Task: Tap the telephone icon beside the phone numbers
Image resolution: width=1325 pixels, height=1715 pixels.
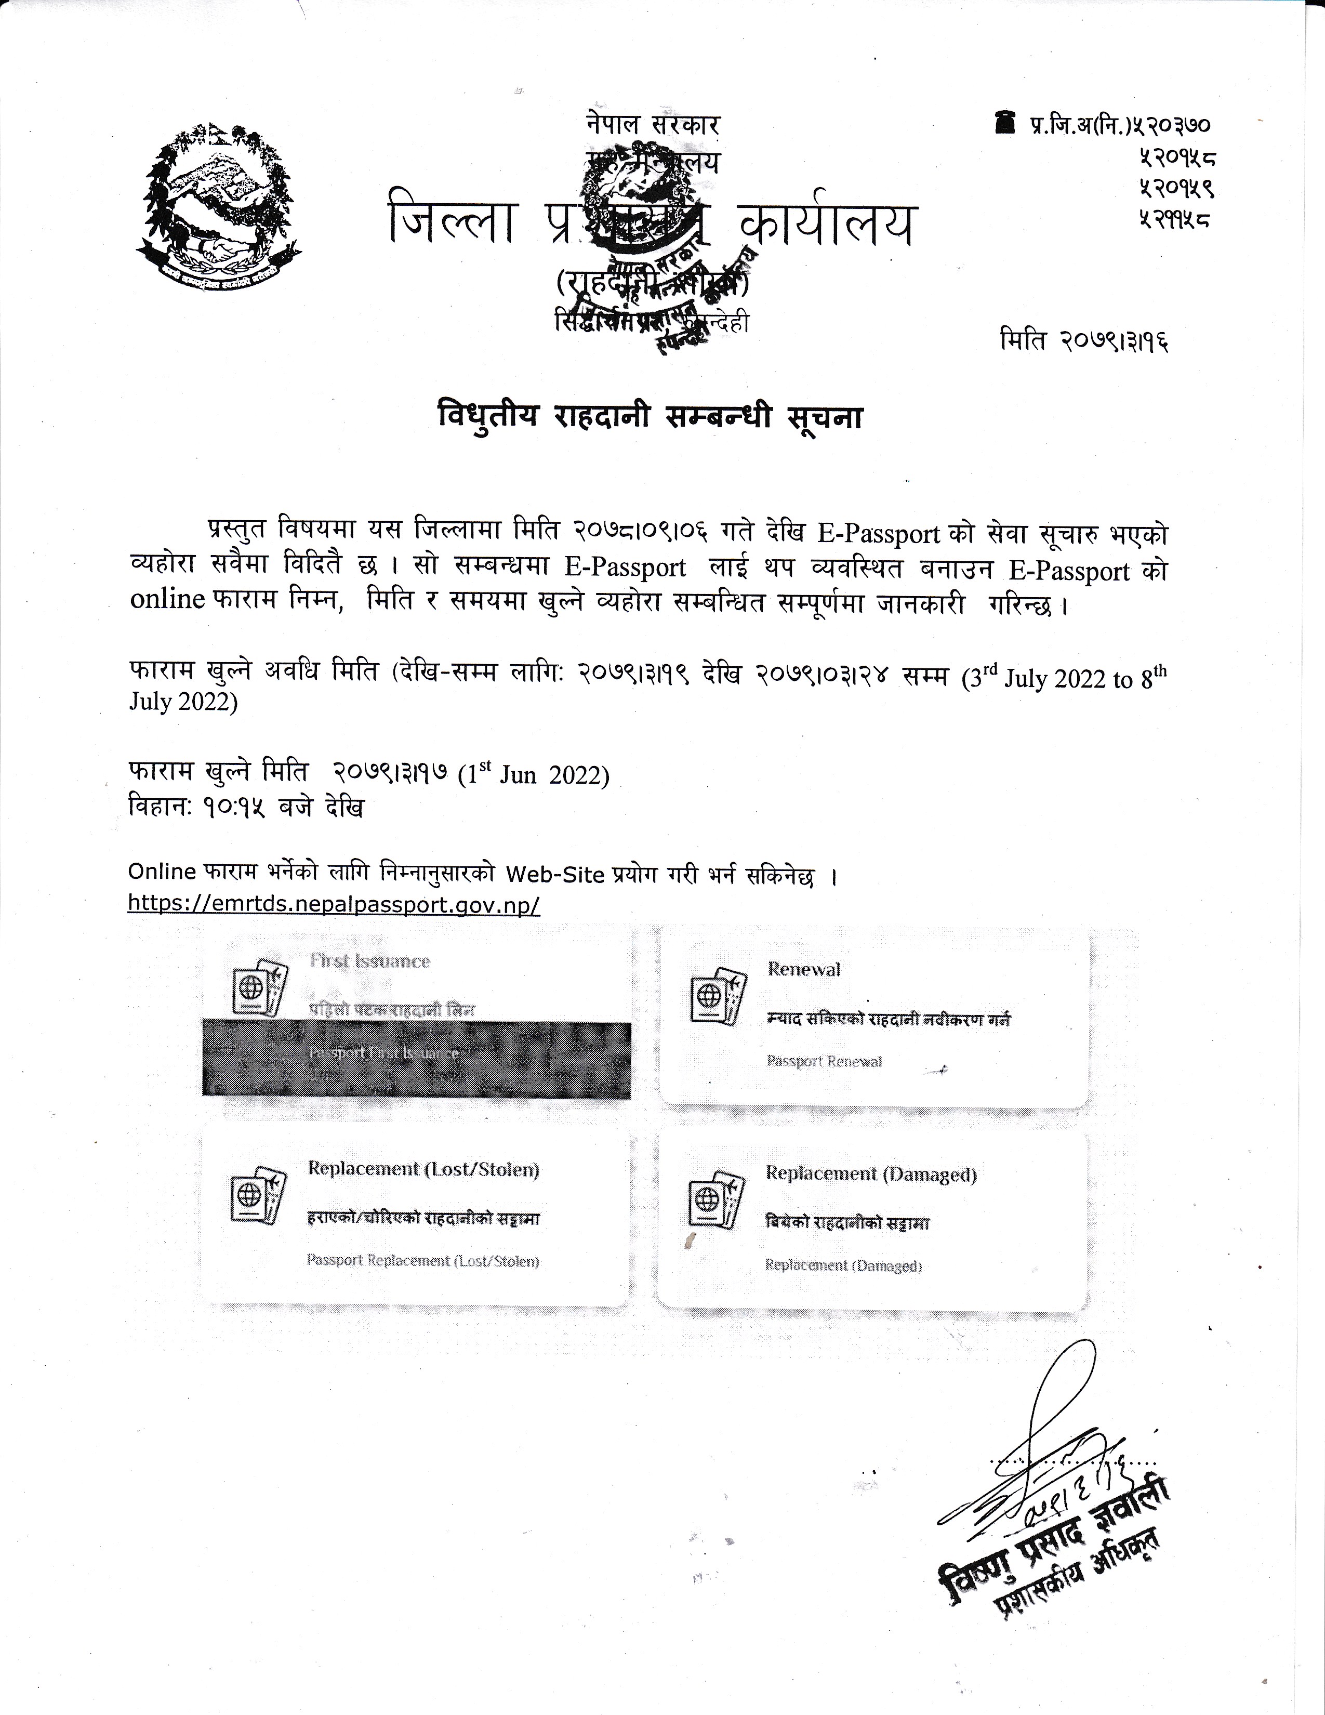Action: [1002, 122]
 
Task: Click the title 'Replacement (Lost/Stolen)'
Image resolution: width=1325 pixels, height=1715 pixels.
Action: [423, 1168]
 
